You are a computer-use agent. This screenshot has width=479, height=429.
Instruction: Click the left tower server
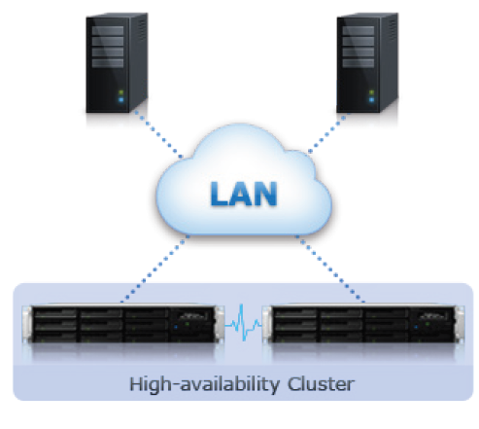tap(117, 63)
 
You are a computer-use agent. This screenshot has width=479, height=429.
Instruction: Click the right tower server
tap(367, 63)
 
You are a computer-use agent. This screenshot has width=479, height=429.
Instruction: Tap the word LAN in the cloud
tap(244, 194)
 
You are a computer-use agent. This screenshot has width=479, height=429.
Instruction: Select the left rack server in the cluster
tap(123, 324)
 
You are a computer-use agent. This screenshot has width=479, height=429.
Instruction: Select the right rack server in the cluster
tap(363, 324)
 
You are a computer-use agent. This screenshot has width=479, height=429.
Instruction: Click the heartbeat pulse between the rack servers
tap(243, 323)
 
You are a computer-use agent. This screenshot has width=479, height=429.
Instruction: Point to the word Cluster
tap(321, 384)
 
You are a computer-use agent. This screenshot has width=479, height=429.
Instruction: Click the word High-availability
tap(204, 385)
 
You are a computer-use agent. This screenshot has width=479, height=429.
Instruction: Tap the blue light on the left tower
tap(121, 100)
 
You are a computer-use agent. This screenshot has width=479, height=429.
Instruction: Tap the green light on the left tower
tap(121, 92)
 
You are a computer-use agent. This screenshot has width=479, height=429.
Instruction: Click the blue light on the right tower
tap(371, 100)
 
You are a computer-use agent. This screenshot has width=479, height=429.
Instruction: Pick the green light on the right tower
tap(371, 92)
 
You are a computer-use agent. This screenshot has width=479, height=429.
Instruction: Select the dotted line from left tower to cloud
tap(158, 135)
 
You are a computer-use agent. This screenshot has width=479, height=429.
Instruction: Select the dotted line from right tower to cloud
tap(327, 133)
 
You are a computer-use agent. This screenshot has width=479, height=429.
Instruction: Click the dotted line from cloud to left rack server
tap(154, 269)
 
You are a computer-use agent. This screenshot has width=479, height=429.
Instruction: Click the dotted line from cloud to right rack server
tap(330, 269)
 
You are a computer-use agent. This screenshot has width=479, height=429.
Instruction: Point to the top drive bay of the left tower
tap(108, 30)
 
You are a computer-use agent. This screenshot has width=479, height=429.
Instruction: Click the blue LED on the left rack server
tap(176, 327)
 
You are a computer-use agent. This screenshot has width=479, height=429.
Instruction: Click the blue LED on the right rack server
tap(416, 327)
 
